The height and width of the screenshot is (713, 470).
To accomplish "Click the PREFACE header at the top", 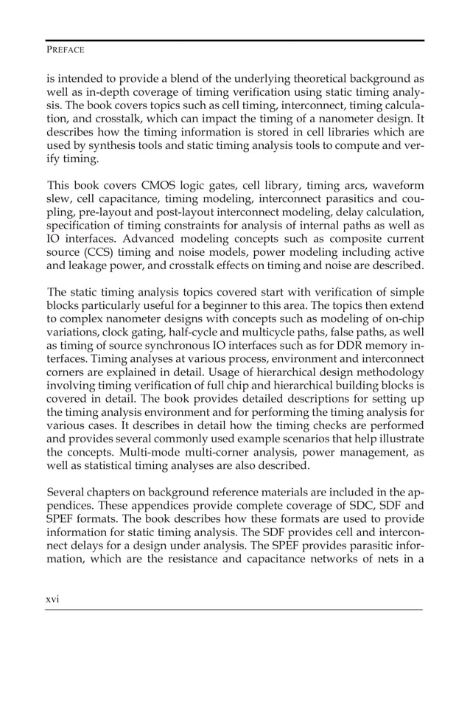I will [65, 49].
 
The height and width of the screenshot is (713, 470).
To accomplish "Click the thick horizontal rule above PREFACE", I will [234, 40].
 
